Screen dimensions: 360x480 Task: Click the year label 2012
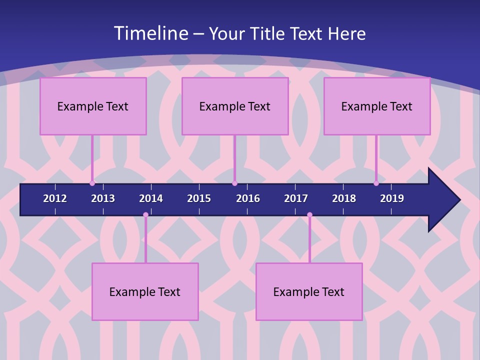[55, 198]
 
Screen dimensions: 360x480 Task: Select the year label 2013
[103, 198]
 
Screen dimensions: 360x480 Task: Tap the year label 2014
[151, 198]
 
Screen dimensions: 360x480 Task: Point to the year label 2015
[199, 198]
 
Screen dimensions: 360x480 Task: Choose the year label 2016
[248, 198]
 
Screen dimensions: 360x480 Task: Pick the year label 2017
[296, 198]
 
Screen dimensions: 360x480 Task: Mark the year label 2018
[344, 198]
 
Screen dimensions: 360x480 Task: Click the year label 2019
[392, 198]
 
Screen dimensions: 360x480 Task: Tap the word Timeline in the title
[150, 33]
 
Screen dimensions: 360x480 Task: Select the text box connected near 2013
[93, 106]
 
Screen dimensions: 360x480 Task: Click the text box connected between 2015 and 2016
[235, 106]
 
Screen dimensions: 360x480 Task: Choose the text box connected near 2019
[377, 106]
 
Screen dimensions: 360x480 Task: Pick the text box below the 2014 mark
[145, 291]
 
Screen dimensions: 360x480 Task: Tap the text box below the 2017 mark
[309, 291]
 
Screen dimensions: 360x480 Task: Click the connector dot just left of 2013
[92, 183]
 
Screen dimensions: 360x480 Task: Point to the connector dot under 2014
[145, 215]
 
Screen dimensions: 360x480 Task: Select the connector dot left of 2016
[234, 183]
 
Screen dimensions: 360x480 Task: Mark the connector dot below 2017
[309, 215]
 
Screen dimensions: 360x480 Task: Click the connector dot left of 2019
[376, 183]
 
